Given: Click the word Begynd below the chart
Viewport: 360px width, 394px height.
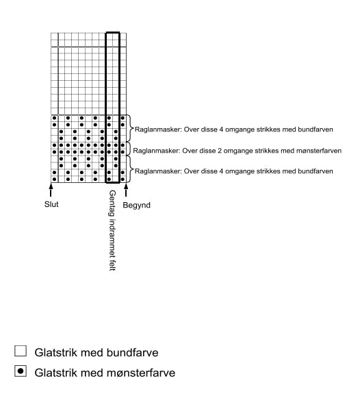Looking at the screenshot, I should [136, 204].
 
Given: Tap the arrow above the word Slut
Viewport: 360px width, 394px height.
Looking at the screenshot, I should [51, 190].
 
